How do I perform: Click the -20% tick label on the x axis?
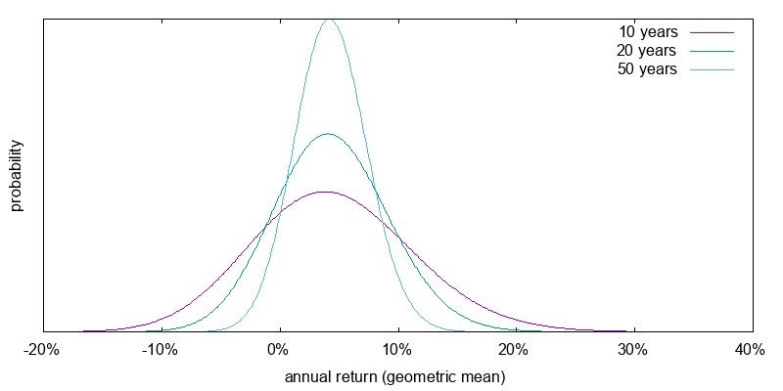coord(43,350)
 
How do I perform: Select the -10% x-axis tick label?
coord(160,350)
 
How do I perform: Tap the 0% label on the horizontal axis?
coord(279,350)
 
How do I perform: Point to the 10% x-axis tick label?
coord(396,350)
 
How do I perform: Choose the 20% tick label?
coord(515,350)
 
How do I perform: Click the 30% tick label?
coord(633,350)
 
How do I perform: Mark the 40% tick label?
coord(751,350)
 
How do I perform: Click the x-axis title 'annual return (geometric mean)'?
coord(394,376)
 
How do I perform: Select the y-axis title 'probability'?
coord(16,175)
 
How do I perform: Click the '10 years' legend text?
coord(647,31)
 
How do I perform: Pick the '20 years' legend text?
coord(647,50)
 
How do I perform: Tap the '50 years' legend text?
coord(647,69)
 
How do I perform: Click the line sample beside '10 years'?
coord(712,32)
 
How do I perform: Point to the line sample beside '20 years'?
coord(712,51)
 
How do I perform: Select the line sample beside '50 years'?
coord(712,70)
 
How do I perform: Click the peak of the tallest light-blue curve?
coord(329,19)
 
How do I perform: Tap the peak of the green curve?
coord(328,134)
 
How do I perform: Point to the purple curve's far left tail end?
coord(85,331)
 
